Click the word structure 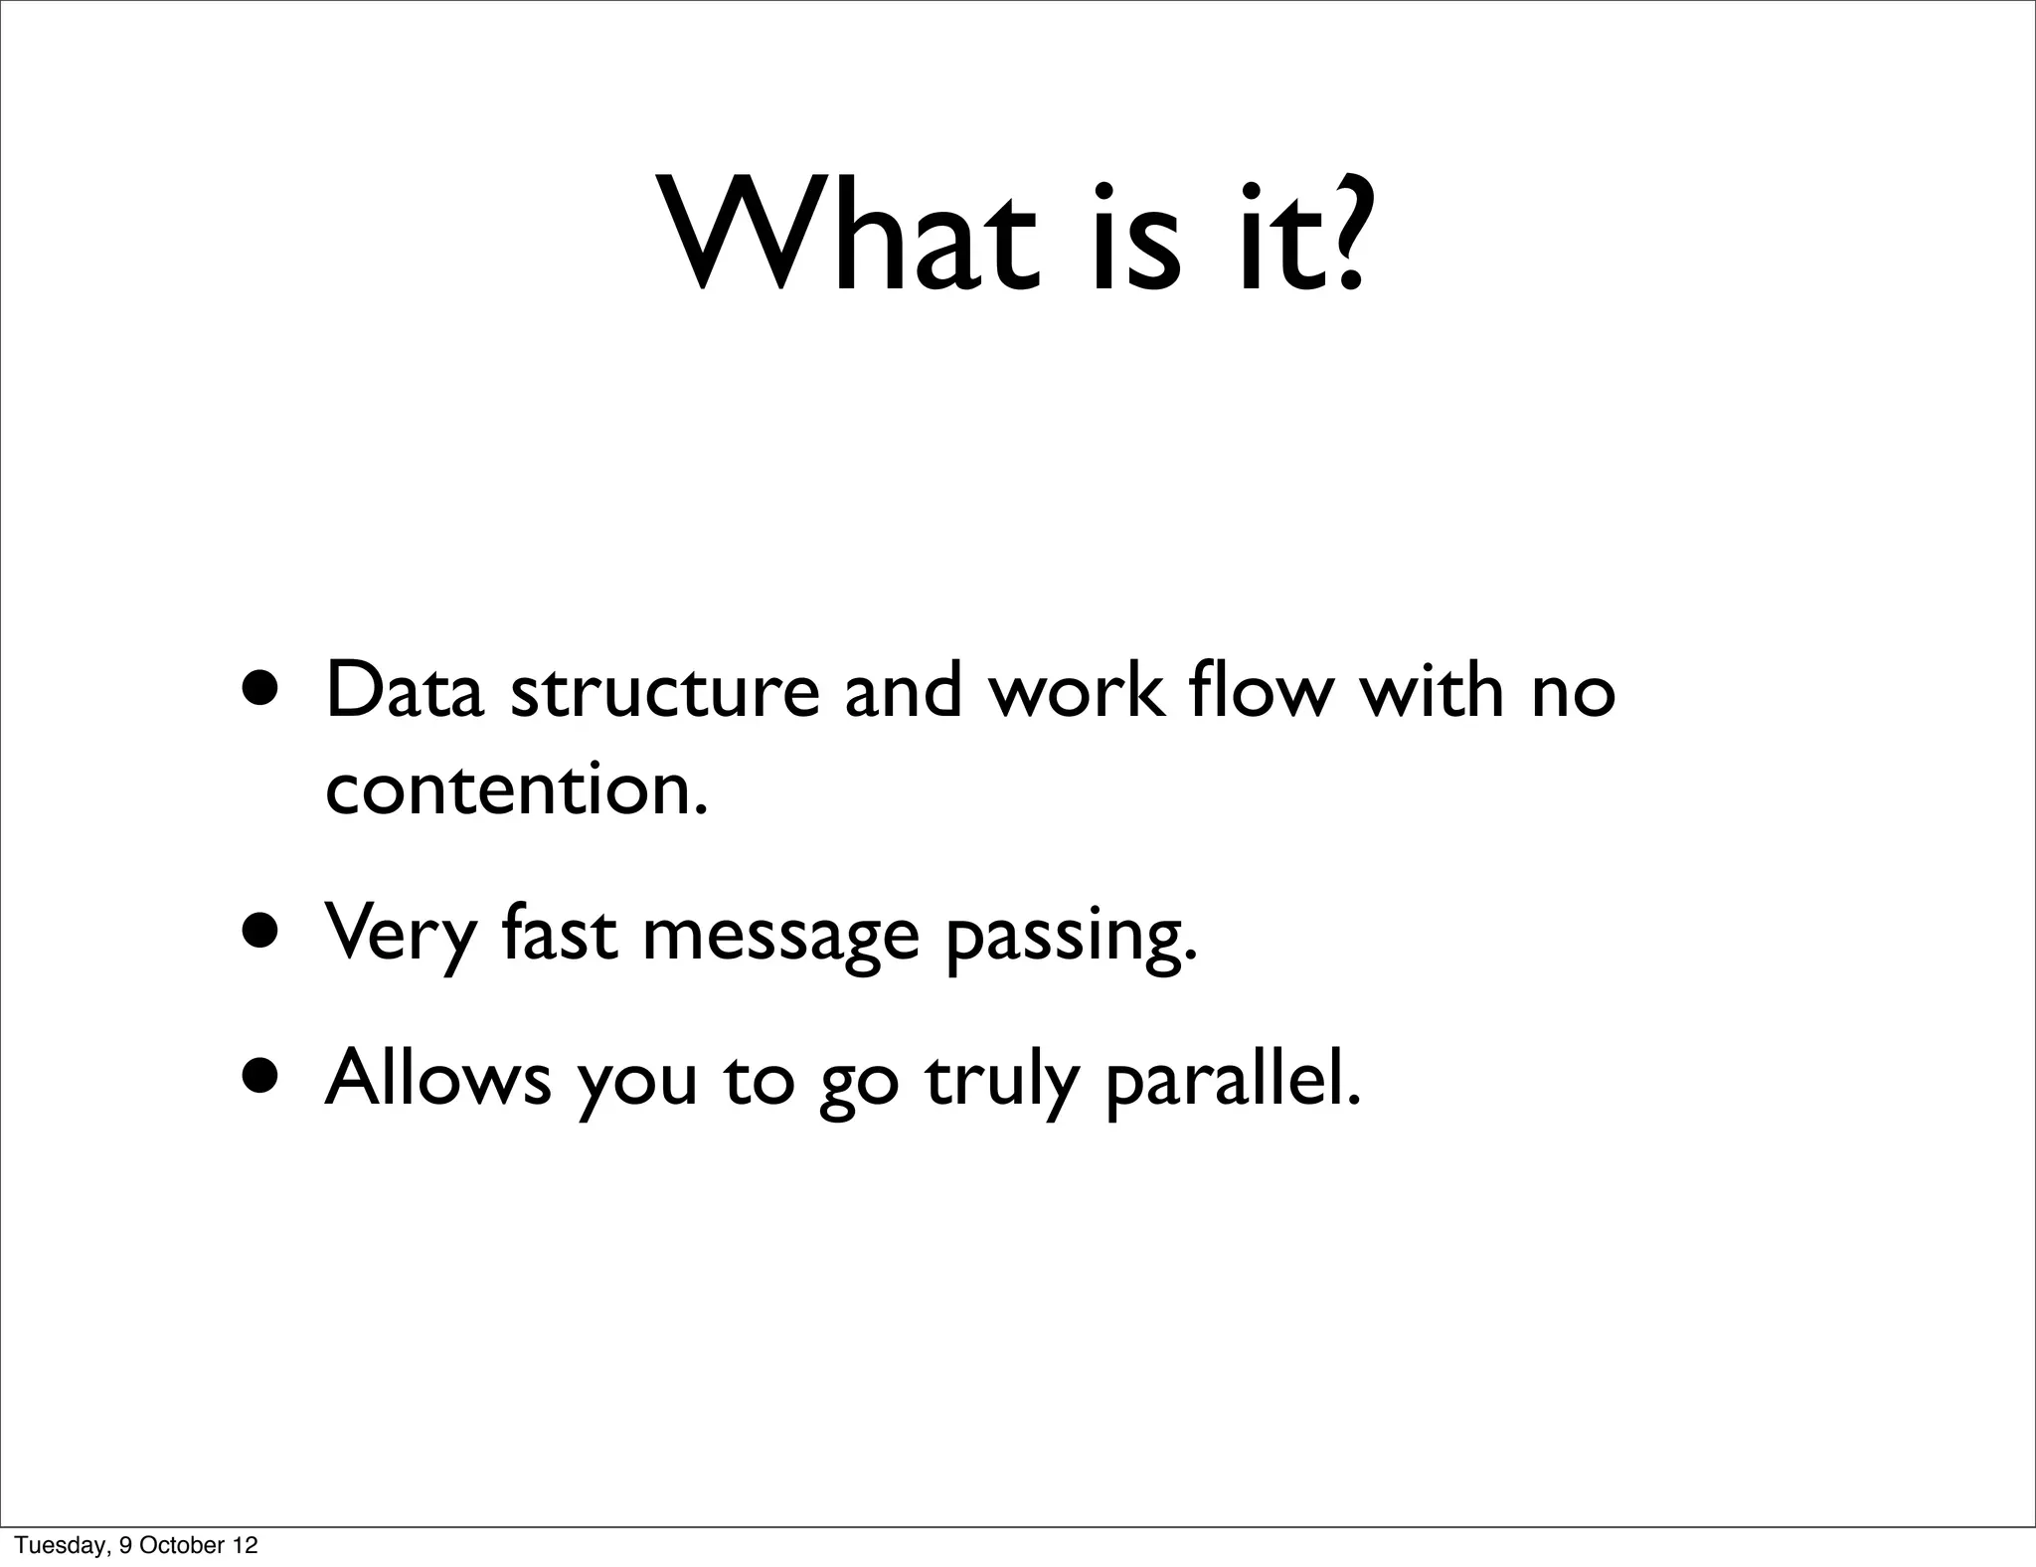tap(664, 690)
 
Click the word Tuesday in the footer tap(62, 1545)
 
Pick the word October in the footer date tap(180, 1545)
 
